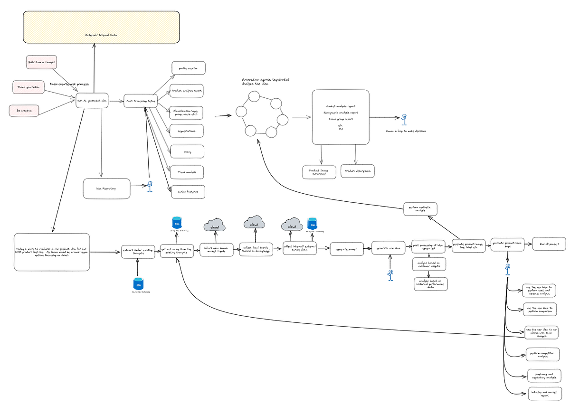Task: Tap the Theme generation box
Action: [28, 87]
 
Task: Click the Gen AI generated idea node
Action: [92, 101]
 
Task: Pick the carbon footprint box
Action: [188, 192]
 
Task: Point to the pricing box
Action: [187, 152]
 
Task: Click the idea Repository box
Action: [106, 188]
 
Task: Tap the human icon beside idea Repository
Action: [150, 186]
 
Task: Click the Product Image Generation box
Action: [319, 172]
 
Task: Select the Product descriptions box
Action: [357, 171]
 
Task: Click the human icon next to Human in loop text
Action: [404, 119]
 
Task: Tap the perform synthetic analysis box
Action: [420, 209]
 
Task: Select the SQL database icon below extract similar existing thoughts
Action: [138, 284]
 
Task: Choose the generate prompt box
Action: [347, 248]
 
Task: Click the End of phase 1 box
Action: [549, 244]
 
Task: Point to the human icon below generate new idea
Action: [390, 275]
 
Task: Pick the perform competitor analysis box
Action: [542, 354]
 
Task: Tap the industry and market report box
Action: [542, 393]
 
